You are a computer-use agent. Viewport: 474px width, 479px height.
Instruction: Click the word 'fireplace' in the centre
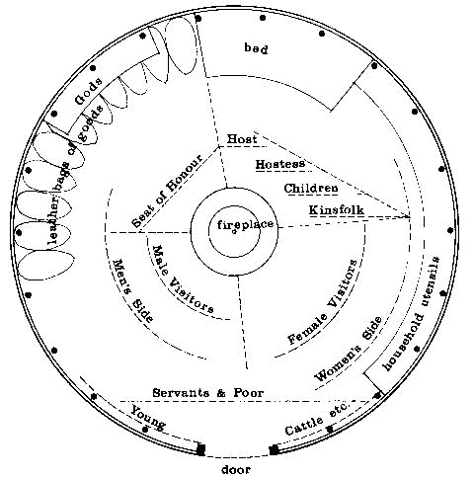coord(245,225)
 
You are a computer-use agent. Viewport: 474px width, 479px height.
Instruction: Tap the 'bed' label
coord(256,48)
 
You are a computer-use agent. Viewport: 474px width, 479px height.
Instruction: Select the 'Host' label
coord(242,138)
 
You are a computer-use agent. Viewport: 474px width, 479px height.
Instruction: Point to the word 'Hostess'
coord(280,164)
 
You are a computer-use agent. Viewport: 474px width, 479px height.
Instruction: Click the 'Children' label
coord(311,189)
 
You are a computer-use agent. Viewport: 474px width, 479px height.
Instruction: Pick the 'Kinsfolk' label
coord(337,210)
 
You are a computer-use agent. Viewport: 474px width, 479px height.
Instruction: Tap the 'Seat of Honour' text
coord(167,191)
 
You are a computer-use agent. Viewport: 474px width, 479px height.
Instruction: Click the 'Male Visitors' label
coord(183,279)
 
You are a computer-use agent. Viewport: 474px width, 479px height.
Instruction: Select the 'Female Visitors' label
coord(323,301)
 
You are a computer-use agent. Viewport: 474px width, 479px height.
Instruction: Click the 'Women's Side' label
coord(349,349)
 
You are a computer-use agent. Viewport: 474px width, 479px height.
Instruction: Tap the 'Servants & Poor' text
coord(208,393)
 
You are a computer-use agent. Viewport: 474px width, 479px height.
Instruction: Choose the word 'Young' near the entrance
coord(148,418)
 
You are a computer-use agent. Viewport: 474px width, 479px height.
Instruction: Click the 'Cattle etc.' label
coord(317,419)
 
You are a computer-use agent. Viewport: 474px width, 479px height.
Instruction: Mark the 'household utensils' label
coord(412,313)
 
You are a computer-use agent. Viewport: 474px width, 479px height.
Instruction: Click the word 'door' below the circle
coord(236,469)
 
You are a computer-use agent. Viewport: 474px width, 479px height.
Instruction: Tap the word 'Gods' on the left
coord(88,92)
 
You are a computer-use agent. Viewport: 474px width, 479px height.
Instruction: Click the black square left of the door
coord(200,449)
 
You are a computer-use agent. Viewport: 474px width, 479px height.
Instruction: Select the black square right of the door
coord(274,449)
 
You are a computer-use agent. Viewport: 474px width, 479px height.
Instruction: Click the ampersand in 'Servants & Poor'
coord(221,393)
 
